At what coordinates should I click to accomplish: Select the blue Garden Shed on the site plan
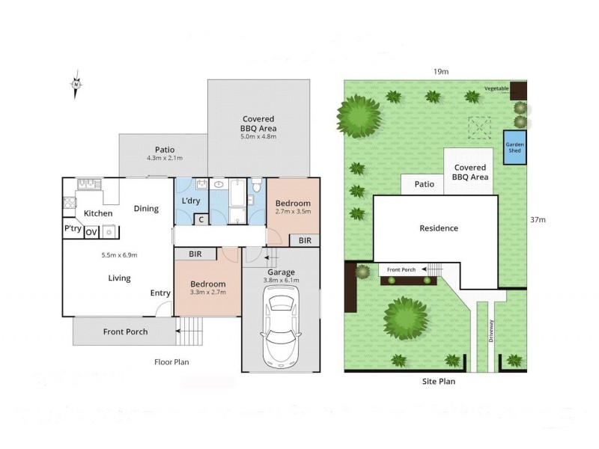(514, 147)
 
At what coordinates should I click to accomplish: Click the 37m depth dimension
(536, 220)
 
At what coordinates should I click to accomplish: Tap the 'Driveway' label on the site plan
(491, 331)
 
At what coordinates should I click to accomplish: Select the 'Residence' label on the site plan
(438, 228)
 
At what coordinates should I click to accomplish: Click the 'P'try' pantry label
(73, 229)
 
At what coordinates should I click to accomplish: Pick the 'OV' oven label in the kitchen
(91, 233)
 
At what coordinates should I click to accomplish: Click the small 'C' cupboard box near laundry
(201, 219)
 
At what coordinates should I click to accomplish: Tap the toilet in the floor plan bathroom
(256, 186)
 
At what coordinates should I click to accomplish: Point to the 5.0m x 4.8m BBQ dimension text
(258, 137)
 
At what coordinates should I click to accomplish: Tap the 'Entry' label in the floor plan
(160, 293)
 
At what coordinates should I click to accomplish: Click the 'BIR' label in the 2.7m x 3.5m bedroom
(305, 240)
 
